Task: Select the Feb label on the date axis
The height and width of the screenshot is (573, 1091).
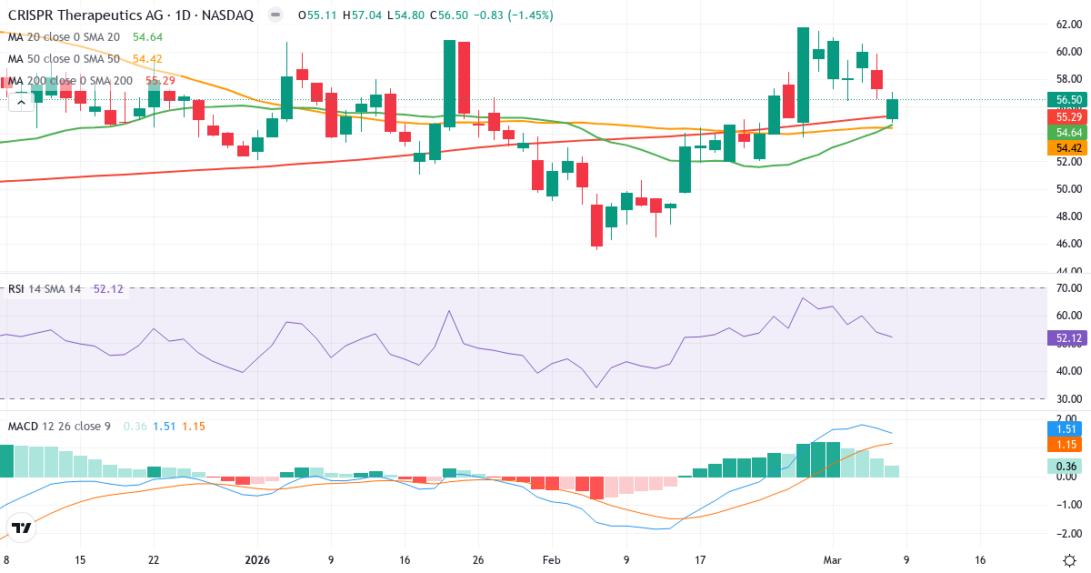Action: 553,560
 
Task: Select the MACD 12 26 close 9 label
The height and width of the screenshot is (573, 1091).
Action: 59,426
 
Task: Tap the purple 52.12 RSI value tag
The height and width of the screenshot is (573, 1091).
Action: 1067,338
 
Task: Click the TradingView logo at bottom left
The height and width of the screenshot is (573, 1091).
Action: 22,528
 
